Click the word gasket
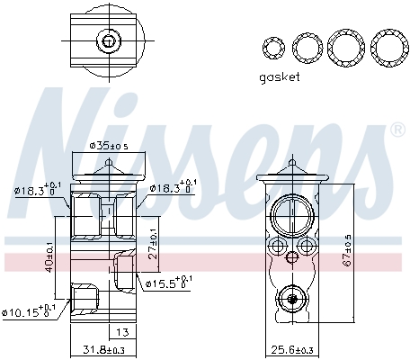pos(280,77)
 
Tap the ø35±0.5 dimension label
pos(109,146)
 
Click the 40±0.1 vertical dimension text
pos(49,257)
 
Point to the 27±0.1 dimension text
pos(153,247)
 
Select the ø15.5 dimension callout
pos(168,283)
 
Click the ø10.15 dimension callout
pos(29,311)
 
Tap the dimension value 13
pos(122,332)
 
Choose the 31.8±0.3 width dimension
pos(103,350)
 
